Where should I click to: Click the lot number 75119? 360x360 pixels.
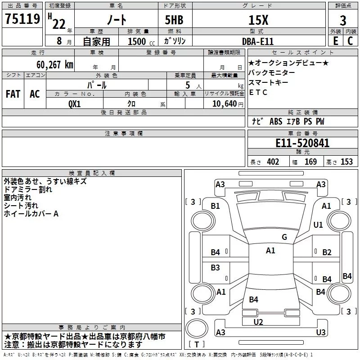22,20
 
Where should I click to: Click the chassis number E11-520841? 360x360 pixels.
302,144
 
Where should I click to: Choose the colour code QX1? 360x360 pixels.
75,103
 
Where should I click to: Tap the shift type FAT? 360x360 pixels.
13,94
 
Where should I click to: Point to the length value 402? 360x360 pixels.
273,162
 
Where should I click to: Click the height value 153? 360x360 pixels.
346,162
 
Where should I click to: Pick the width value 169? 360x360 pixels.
311,162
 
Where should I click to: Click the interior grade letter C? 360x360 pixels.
350,41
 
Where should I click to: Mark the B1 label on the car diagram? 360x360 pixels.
216,206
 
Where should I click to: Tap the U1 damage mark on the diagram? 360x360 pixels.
318,225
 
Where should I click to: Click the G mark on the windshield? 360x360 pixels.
284,237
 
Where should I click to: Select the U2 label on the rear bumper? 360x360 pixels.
258,321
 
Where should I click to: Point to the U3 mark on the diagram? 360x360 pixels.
321,332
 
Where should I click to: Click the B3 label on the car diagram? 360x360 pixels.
216,268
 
